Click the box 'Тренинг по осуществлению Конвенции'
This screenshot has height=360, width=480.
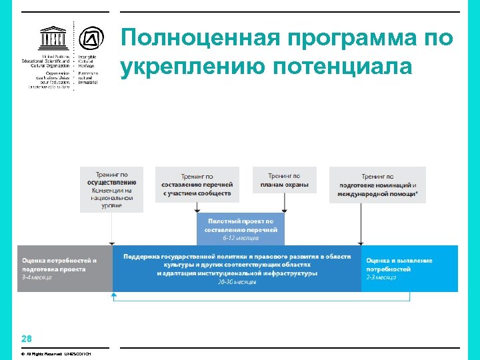pyautogui.click(x=111, y=189)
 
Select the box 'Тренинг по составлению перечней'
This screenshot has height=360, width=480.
pyautogui.click(x=197, y=184)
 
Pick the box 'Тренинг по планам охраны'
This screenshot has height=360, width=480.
pyautogui.click(x=285, y=179)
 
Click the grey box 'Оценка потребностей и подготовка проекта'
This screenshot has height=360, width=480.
pyautogui.click(x=65, y=268)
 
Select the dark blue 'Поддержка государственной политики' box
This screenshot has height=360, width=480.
pyautogui.click(x=237, y=268)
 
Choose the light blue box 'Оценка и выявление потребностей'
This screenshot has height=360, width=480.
pyautogui.click(x=409, y=268)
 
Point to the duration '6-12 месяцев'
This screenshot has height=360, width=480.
pyautogui.click(x=241, y=238)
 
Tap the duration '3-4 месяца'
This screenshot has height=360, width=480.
pyautogui.click(x=37, y=277)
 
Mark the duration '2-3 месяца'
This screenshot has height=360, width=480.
pyautogui.click(x=381, y=277)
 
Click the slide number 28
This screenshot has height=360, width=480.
pyautogui.click(x=26, y=338)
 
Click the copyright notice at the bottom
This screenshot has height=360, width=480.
pyautogui.click(x=57, y=353)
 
